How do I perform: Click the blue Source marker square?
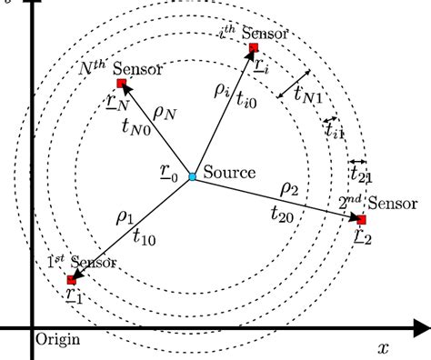[x=192, y=175]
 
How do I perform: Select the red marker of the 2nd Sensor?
[x=361, y=220]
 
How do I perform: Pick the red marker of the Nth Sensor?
[x=121, y=83]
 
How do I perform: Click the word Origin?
[x=56, y=341]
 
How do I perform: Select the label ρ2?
[x=290, y=189]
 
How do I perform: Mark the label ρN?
[x=165, y=113]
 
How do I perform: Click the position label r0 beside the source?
[x=169, y=171]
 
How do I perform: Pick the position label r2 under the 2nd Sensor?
[x=363, y=238]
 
